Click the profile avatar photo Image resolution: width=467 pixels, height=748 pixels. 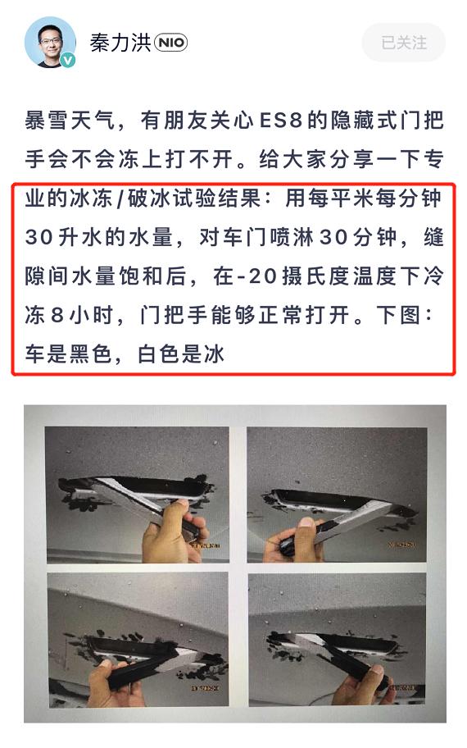tap(49, 42)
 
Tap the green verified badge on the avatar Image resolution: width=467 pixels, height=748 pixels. tap(69, 61)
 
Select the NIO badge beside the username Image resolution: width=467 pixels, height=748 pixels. tap(170, 43)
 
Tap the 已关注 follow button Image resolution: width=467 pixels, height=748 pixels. tap(404, 43)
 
